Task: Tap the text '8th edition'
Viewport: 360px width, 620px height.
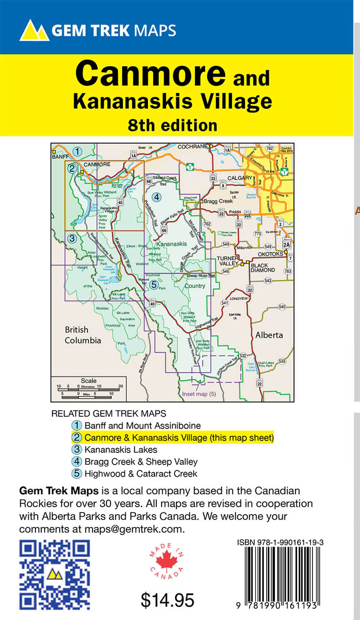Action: (x=172, y=125)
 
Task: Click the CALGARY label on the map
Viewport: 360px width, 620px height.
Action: (x=240, y=178)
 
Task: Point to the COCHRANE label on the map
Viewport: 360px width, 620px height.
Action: (x=192, y=147)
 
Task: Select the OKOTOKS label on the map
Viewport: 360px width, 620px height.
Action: (x=270, y=254)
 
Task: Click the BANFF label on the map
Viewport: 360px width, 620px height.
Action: (x=60, y=157)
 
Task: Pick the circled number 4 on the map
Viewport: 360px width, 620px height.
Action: (x=156, y=197)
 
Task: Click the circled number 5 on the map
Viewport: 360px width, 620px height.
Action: (x=154, y=284)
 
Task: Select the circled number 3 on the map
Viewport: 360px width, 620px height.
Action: (x=72, y=238)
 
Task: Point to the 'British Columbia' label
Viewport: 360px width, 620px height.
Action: (x=83, y=335)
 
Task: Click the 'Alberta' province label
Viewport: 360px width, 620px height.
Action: (x=269, y=335)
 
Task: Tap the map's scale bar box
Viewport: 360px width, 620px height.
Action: (x=89, y=389)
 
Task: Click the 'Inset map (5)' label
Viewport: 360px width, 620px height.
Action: (x=199, y=394)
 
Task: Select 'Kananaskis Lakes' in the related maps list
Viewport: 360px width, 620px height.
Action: (x=121, y=450)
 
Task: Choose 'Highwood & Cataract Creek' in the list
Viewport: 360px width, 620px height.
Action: (x=141, y=474)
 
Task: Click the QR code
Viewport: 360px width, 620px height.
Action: (x=55, y=575)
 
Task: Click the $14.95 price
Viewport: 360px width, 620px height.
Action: (x=167, y=600)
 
